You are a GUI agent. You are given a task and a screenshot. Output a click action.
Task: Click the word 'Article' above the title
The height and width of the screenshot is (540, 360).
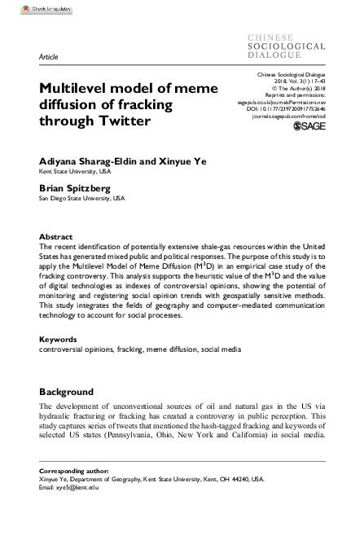48,59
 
